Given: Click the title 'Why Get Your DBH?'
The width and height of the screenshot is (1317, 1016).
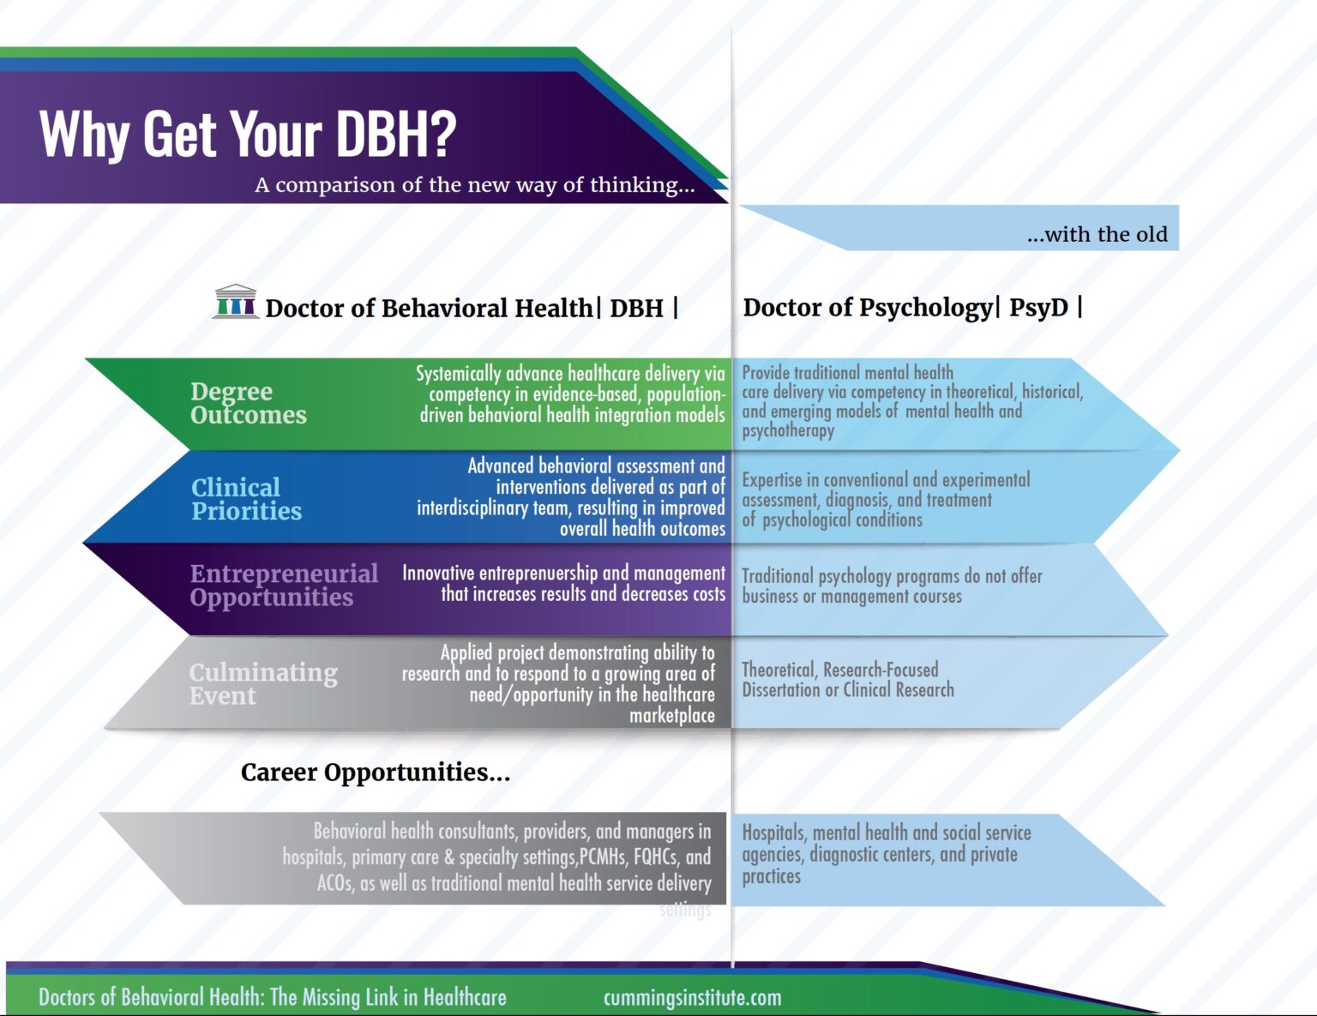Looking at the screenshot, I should [248, 134].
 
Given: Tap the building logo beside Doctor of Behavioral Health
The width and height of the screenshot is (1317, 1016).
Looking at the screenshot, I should [236, 302].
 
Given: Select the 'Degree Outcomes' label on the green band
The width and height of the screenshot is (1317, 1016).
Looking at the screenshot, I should [248, 403].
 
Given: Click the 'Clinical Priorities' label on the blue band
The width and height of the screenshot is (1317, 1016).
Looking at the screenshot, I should [246, 499].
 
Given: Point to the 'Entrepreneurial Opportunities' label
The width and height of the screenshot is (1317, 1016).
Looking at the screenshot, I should [283, 586].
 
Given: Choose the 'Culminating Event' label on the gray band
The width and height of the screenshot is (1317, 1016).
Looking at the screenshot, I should [262, 683].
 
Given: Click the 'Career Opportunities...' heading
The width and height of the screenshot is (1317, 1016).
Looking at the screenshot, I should [375, 773].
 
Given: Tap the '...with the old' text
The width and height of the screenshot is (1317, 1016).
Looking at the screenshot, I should [1097, 235].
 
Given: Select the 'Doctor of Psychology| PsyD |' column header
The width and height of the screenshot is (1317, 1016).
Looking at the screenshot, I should [911, 308].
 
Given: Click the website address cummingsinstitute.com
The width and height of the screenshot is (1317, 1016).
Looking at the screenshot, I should [692, 997].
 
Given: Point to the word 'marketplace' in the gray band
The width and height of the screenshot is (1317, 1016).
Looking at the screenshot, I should [671, 715].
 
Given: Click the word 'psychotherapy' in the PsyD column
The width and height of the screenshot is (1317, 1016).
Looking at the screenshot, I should [787, 430].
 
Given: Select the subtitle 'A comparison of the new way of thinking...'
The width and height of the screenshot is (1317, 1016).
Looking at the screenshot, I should [474, 185].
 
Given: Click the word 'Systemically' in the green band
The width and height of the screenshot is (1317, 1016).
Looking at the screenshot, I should [459, 374].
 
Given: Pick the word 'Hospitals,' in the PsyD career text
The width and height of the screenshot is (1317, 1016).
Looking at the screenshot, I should [773, 833].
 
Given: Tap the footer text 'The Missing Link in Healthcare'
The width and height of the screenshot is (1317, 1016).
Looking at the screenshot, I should [388, 997].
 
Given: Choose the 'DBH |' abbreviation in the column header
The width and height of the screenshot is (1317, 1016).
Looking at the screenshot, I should [643, 308].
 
